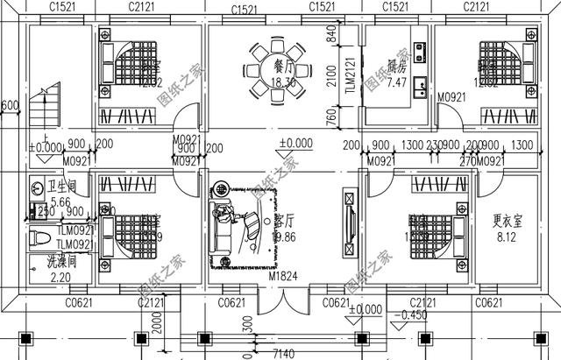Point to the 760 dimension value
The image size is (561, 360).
coord(332,116)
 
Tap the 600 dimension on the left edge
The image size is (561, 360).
coord(9,106)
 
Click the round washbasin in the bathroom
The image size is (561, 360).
coord(38,187)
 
